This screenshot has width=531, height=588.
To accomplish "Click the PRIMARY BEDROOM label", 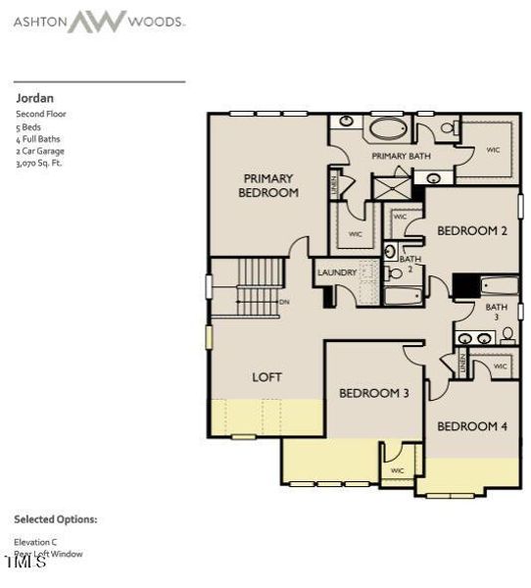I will pos(268,186).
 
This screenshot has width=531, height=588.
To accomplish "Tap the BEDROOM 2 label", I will pos(471,231).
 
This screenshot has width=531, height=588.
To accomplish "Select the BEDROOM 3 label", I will pos(373,393).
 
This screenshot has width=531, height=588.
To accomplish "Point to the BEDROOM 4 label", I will pos(471,426).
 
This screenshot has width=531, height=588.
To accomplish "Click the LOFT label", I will pos(267,376).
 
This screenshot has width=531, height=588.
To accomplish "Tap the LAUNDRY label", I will pos(335,272).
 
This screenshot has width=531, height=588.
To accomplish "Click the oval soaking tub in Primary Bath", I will pos(388,129).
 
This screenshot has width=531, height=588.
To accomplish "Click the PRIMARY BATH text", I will pos(400,156).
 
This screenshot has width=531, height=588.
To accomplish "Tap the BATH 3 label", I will pos(497,313).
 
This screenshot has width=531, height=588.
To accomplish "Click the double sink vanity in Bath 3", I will pos(474,338).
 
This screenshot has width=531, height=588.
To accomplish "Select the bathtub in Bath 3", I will pos(500,287).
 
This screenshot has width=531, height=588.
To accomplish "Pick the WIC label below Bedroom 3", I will pos(397,471).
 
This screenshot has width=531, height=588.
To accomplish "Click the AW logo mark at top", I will pos(96,21).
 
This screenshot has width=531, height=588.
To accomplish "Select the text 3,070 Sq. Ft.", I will pos(38,164).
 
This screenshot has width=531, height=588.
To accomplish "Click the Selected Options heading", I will pos(55,519).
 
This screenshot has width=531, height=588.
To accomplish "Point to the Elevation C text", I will pos(35,541).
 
